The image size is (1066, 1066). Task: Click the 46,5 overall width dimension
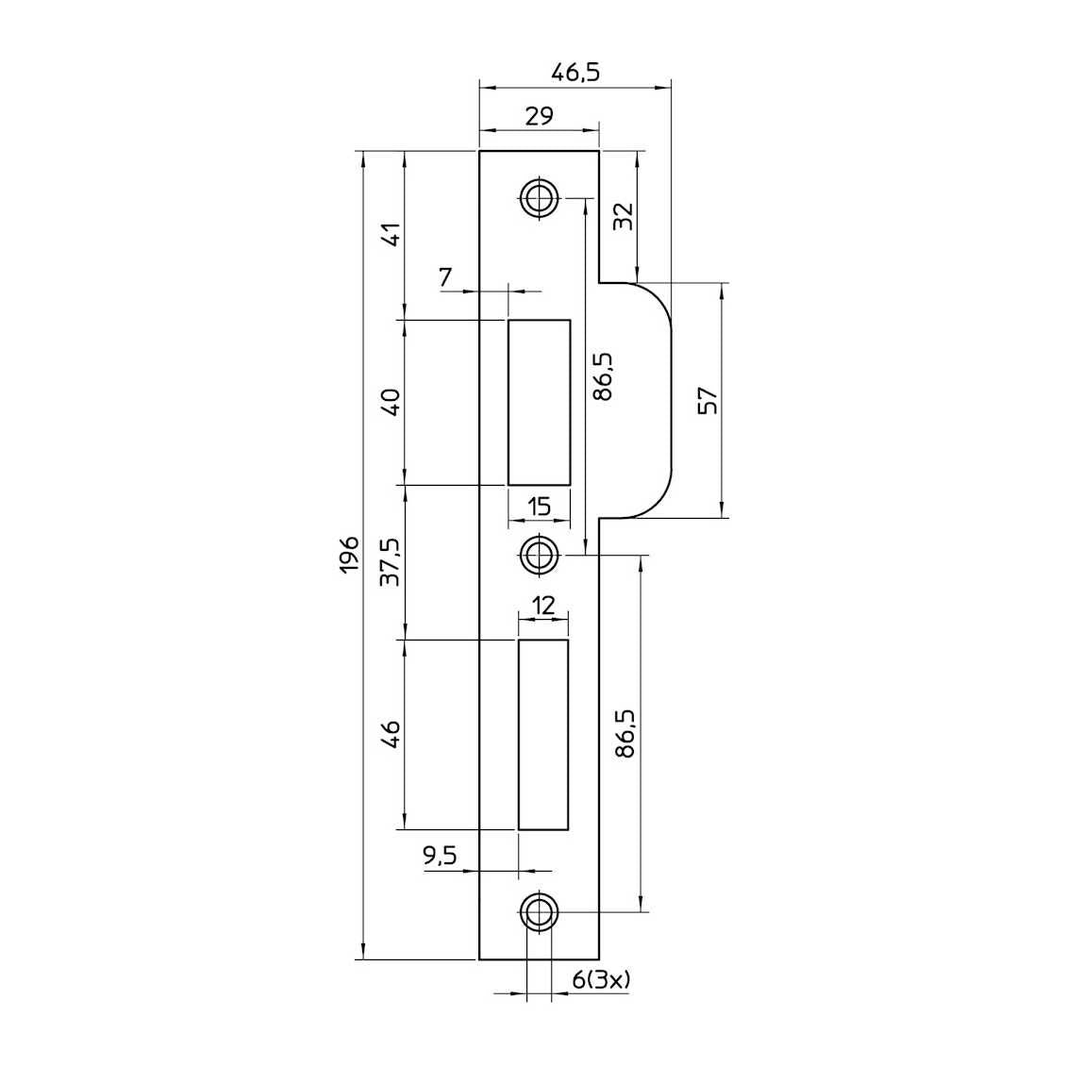point(575,72)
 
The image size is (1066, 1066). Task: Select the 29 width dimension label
point(539,116)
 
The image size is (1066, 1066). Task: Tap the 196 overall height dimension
point(349,554)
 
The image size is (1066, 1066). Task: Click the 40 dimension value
point(392,402)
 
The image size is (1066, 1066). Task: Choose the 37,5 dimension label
point(391,562)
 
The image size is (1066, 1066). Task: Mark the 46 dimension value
point(392,735)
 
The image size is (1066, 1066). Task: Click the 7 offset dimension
point(445,277)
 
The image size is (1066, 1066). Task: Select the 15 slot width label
point(539,507)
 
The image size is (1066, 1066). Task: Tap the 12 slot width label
point(543,605)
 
